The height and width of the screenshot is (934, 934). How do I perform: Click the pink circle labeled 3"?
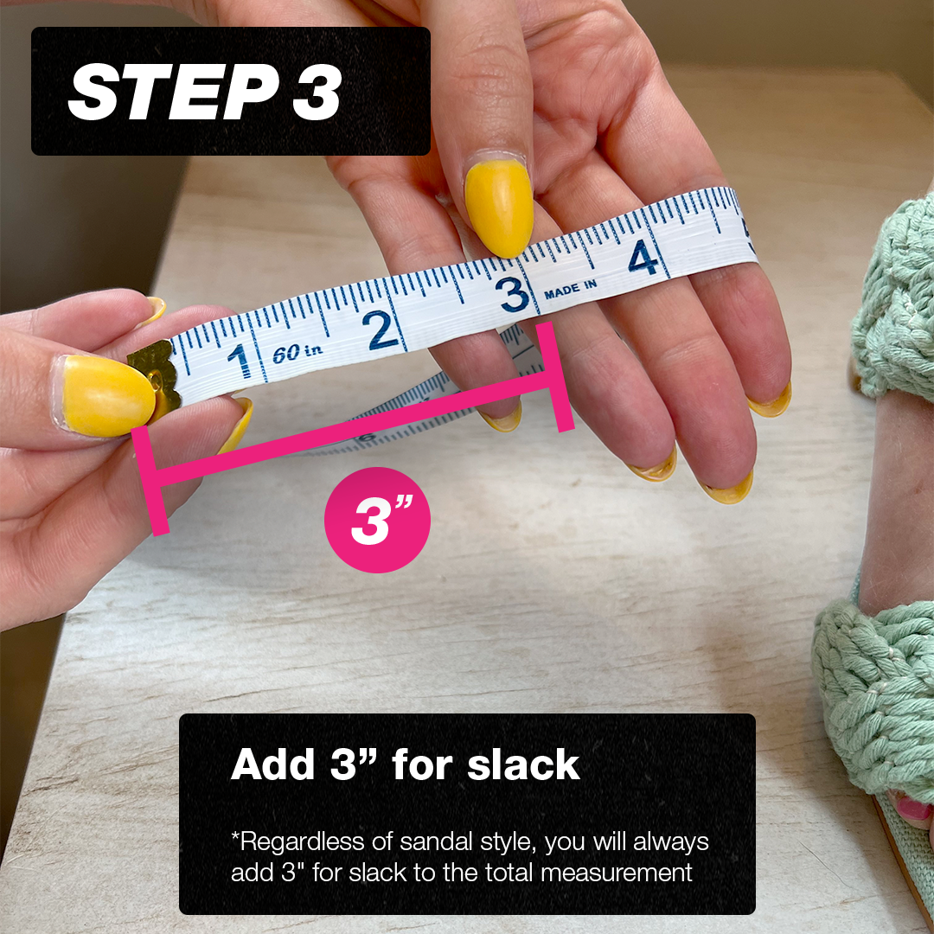pos(377,520)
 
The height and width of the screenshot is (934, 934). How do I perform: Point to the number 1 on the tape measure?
pos(240,360)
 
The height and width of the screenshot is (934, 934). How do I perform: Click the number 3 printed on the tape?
pos(514,295)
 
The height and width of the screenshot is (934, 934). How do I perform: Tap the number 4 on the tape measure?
pos(643,257)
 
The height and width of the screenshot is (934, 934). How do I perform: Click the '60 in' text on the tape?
pos(297,353)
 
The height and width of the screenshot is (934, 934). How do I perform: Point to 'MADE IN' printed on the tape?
pos(570,288)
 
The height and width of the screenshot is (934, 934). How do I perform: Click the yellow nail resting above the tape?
pos(498,208)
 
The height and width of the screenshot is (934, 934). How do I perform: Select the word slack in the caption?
pos(524,765)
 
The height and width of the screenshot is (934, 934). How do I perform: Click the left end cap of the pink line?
pos(149,481)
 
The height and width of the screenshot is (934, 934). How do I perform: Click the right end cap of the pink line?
pos(553,377)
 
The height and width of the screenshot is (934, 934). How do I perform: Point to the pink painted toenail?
pos(912,809)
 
